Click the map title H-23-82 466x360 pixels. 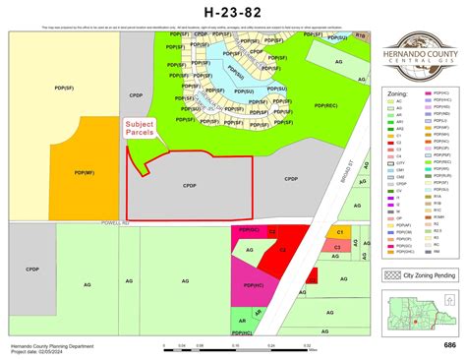coord(232,12)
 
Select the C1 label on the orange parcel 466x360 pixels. coord(339,232)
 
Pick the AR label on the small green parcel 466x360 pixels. coord(243,321)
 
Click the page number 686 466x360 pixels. coord(449,345)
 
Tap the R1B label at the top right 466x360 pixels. coord(360,34)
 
